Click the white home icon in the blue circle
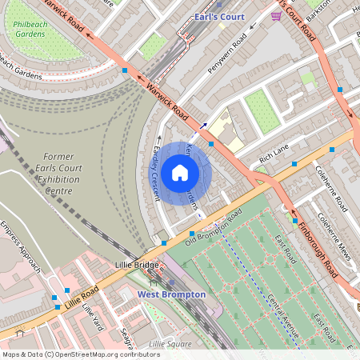[x=180, y=173]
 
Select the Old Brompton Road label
[x=214, y=228]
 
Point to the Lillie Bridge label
[x=137, y=264]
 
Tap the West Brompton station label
[x=171, y=294]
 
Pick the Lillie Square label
[x=170, y=344]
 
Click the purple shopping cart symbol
[x=276, y=16]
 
